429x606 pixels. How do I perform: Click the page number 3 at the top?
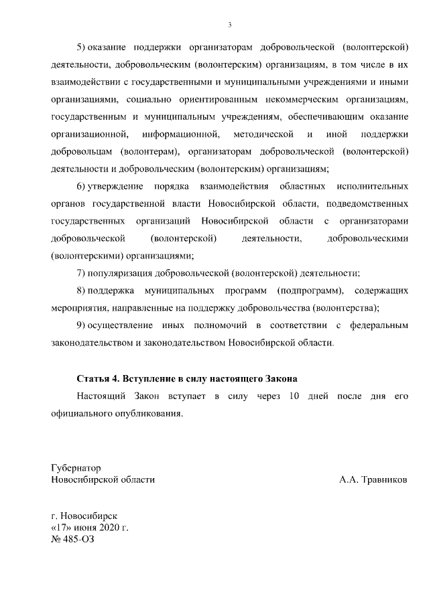(229, 25)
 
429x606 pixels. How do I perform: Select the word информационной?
(181, 134)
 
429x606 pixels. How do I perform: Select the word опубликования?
(150, 414)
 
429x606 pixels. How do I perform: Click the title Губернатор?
(76, 467)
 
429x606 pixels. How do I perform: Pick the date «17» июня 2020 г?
(90, 528)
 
